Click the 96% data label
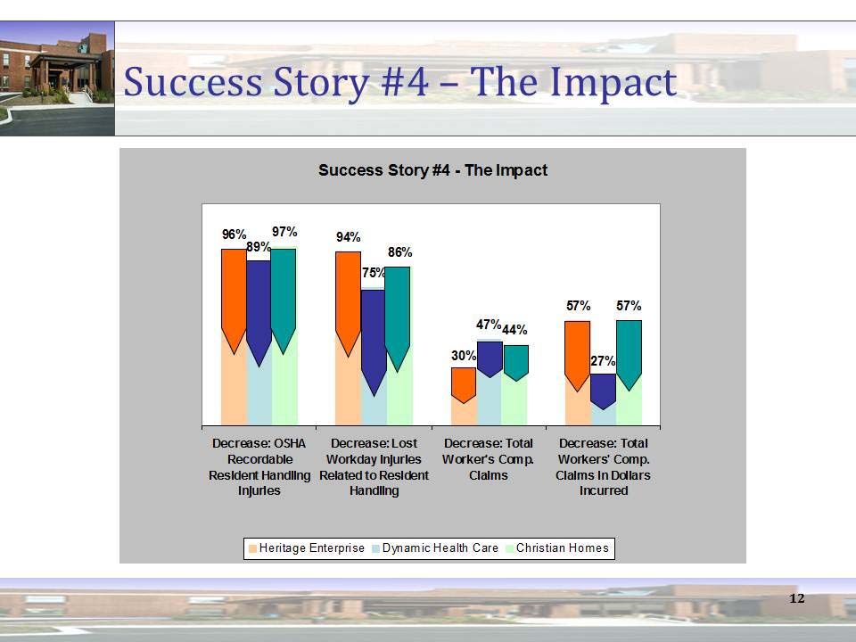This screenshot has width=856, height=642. (x=234, y=235)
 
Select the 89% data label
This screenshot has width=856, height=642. (x=259, y=247)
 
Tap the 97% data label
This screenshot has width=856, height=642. (x=284, y=231)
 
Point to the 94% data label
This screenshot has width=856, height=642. (x=348, y=237)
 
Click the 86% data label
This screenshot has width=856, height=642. (x=399, y=253)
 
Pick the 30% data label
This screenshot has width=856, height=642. (x=463, y=356)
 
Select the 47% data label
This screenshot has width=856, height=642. (x=488, y=325)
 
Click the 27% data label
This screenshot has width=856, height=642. (x=603, y=361)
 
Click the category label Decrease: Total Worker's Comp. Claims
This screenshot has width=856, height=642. (x=488, y=458)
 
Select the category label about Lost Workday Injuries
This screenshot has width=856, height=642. (x=374, y=466)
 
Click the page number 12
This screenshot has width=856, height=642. (x=797, y=597)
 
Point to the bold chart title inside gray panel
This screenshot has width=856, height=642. (x=432, y=169)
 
